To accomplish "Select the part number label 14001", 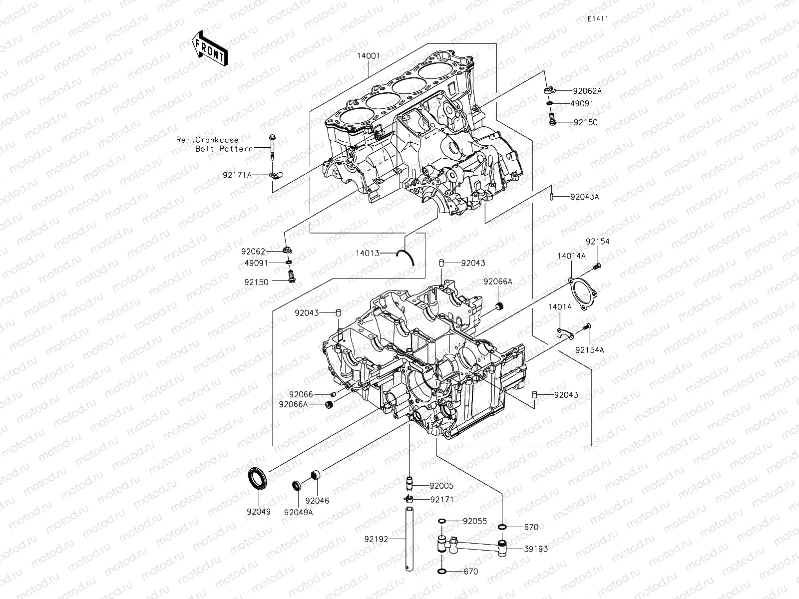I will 369,56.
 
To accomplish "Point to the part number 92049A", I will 299,512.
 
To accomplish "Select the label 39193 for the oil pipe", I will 536,549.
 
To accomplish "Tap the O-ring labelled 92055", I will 442,522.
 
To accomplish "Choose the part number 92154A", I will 589,350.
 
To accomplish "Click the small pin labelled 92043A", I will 551,196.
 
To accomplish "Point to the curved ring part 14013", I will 406,258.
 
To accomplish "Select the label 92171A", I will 238,175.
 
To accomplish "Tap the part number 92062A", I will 587,91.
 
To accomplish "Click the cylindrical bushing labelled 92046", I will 316,475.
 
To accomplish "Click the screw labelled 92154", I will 596,267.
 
